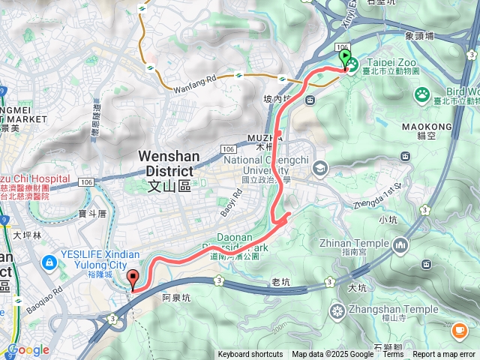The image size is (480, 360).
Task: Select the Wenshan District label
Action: click(168, 163)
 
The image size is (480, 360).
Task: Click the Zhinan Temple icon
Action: click(400, 244)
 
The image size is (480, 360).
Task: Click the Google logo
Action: click(28, 350)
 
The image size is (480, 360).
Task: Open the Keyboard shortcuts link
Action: click(250, 355)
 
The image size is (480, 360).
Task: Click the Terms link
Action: click(393, 355)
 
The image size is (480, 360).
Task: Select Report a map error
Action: click(445, 355)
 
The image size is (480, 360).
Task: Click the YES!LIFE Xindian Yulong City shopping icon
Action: click(49, 262)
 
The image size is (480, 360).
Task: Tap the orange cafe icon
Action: click(459, 329)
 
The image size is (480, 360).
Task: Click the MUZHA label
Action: click(262, 138)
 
